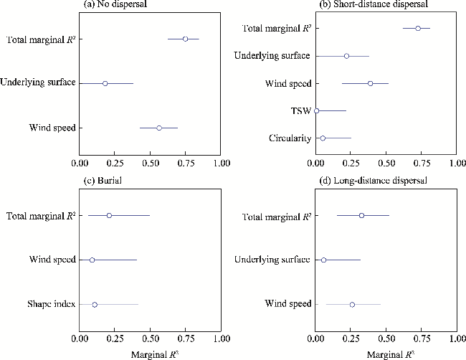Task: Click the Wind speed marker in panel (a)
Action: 159,128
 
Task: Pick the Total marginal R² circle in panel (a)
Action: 185,39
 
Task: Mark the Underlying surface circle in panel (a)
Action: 105,83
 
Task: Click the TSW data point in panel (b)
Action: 316,110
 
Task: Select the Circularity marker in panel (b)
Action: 323,138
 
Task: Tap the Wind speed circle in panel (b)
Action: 370,83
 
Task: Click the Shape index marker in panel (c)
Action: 95,304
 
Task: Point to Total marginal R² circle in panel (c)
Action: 109,215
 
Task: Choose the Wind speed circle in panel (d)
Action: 352,304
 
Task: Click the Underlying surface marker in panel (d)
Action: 323,260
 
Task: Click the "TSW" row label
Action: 302,110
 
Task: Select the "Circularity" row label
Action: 290,138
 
